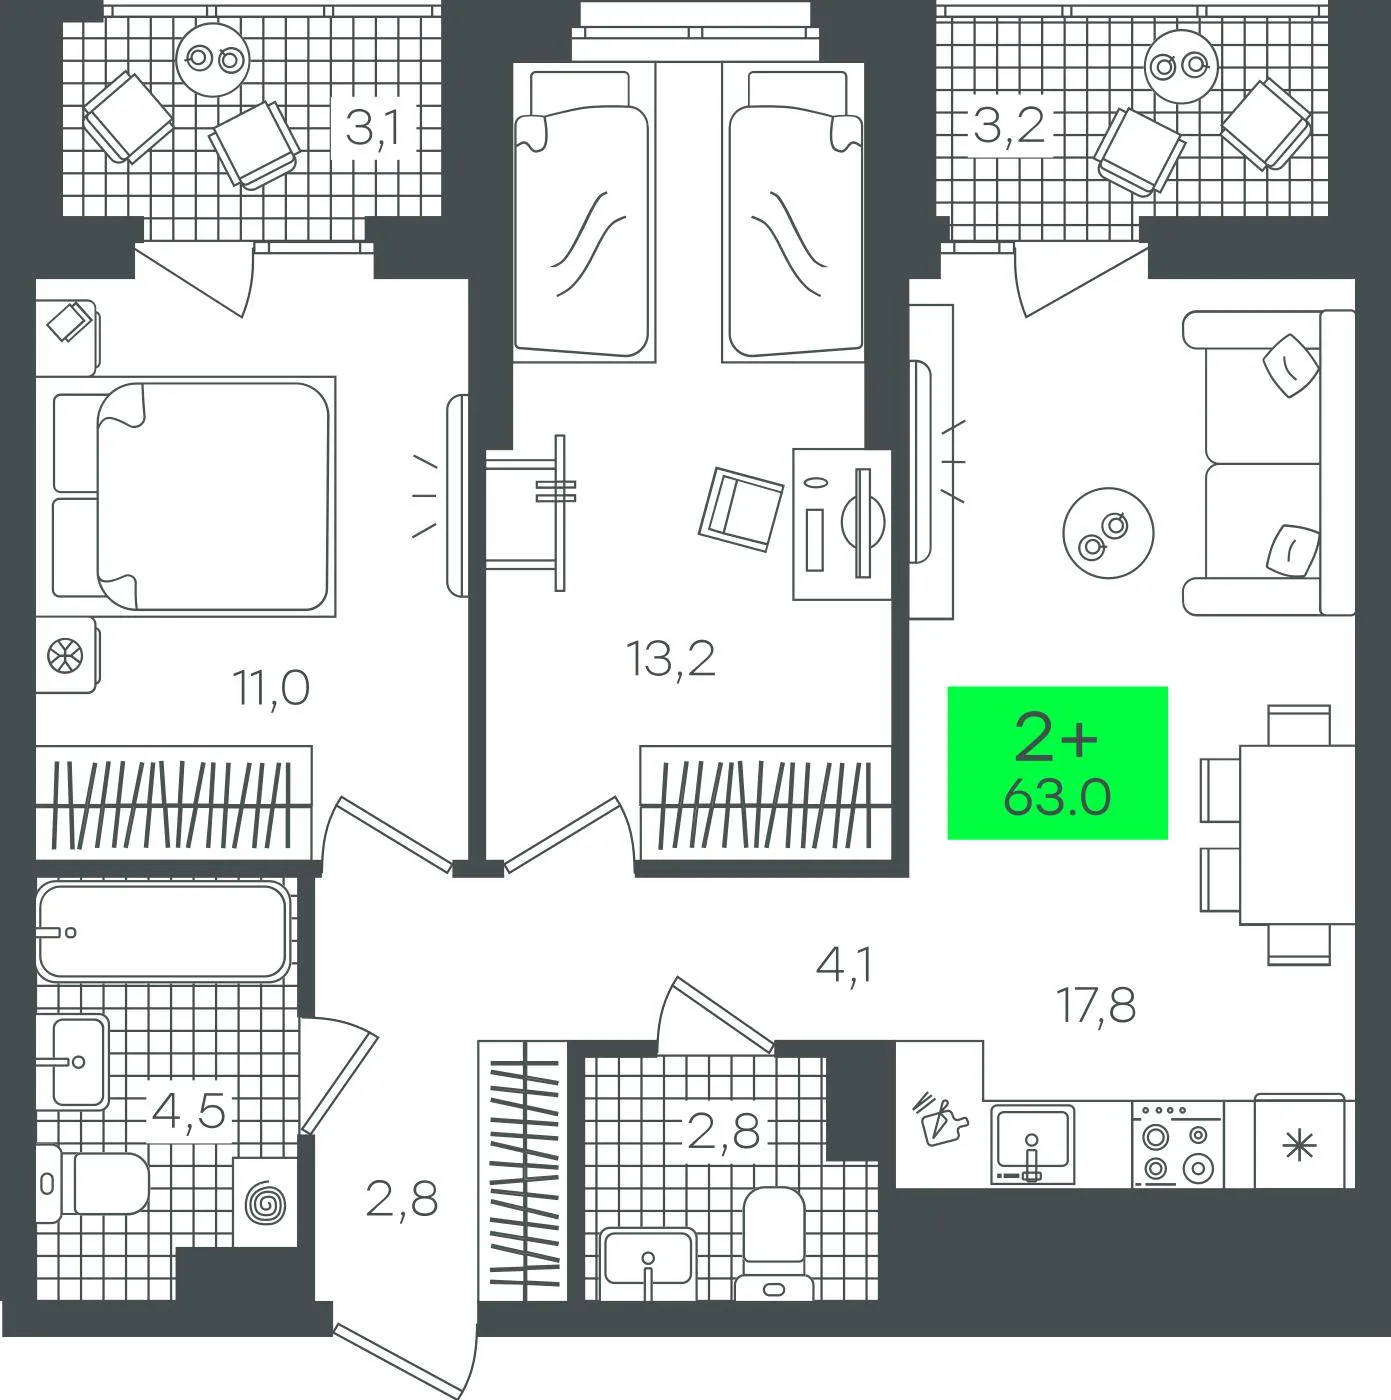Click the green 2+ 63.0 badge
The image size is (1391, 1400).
click(1057, 763)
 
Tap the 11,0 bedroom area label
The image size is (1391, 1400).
click(271, 688)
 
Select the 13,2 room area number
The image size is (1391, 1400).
click(670, 659)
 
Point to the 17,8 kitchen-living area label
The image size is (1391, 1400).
click(1096, 1005)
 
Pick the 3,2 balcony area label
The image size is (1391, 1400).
click(1009, 125)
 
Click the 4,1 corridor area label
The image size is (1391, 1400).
click(844, 966)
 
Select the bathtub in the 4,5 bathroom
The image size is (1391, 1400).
click(163, 931)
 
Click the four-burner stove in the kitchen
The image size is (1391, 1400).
click(1177, 1144)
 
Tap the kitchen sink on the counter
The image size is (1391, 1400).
click(1032, 1144)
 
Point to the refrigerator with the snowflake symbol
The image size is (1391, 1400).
click(1299, 1141)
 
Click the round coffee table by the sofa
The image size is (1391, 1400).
click(1108, 533)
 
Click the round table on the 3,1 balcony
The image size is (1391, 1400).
click(213, 59)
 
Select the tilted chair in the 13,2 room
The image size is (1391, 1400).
click(741, 509)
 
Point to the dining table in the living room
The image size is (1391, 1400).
click(1297, 835)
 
